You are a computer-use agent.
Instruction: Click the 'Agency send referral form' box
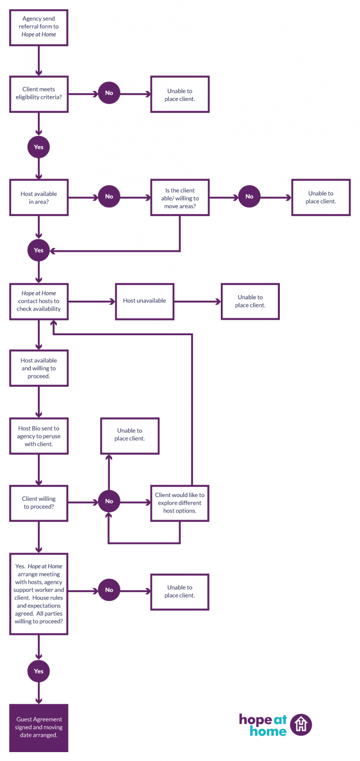pyautogui.click(x=38, y=28)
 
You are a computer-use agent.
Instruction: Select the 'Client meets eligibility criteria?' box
pyautogui.click(x=38, y=94)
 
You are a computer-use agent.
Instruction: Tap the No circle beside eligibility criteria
pyautogui.click(x=109, y=93)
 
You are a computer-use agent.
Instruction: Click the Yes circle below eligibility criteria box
pyautogui.click(x=38, y=147)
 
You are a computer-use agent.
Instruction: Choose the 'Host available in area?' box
pyautogui.click(x=38, y=197)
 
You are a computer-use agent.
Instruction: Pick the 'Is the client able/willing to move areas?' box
pyautogui.click(x=180, y=198)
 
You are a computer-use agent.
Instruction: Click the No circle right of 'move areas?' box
pyautogui.click(x=249, y=197)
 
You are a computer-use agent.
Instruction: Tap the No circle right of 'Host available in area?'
pyautogui.click(x=109, y=197)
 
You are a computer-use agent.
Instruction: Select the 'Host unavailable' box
pyautogui.click(x=144, y=301)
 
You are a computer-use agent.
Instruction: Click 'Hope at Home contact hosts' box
pyautogui.click(x=38, y=301)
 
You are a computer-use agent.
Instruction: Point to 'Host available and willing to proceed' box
pyautogui.click(x=38, y=368)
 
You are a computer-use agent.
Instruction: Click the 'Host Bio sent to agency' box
pyautogui.click(x=38, y=436)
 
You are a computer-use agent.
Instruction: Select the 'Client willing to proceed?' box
pyautogui.click(x=38, y=503)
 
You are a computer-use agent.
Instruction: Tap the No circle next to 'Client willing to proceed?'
pyautogui.click(x=109, y=501)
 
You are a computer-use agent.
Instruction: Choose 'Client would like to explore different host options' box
pyautogui.click(x=180, y=503)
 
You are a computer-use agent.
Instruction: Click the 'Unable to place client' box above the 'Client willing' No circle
pyautogui.click(x=129, y=436)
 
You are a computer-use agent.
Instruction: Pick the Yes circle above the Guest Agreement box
pyautogui.click(x=38, y=671)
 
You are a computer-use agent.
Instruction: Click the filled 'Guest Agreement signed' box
pyautogui.click(x=38, y=727)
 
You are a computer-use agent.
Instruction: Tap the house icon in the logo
pyautogui.click(x=301, y=725)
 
